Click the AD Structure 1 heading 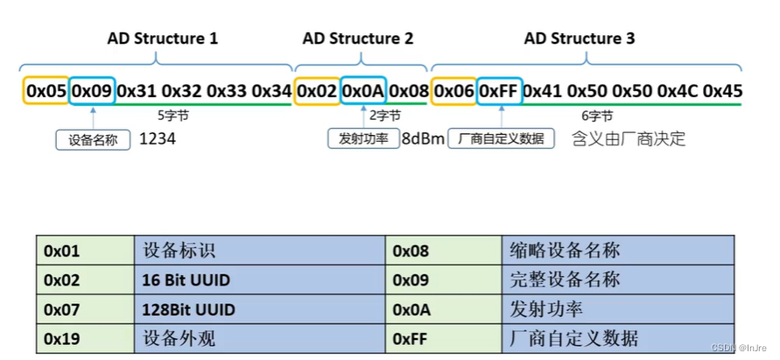[x=163, y=39]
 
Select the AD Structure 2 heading [x=358, y=39]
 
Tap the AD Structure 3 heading [x=580, y=39]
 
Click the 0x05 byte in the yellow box [x=46, y=90]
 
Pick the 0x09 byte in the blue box [x=92, y=90]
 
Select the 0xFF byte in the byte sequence [x=500, y=90]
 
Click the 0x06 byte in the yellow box [x=454, y=90]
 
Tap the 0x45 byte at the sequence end [x=722, y=90]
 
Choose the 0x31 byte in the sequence [x=137, y=90]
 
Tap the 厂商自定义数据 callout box [x=502, y=139]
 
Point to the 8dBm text [x=424, y=139]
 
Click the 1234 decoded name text [x=158, y=138]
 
